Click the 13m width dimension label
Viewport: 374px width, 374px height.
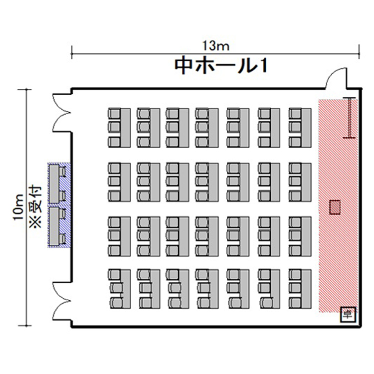click(216, 46)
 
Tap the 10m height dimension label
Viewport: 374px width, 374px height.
click(18, 207)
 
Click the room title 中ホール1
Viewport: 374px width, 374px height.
click(220, 66)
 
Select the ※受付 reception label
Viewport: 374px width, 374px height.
click(36, 207)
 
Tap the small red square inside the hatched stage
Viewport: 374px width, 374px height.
click(335, 207)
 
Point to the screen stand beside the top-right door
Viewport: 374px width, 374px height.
click(350, 118)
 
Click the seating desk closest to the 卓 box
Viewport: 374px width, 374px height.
click(306, 289)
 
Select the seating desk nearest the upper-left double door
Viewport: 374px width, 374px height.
click(125, 128)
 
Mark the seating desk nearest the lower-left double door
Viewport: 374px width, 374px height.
click(125, 289)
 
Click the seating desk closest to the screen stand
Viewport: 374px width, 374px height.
click(306, 128)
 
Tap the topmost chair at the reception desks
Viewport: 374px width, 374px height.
click(62, 171)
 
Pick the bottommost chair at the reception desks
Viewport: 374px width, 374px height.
click(62, 239)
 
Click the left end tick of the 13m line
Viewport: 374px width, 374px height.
click(72, 53)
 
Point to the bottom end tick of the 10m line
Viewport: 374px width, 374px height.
click(25, 325)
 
